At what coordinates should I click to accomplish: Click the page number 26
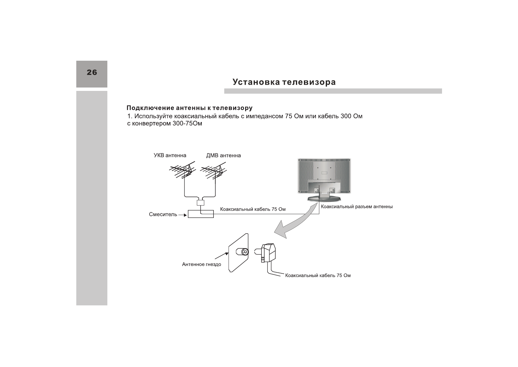92,72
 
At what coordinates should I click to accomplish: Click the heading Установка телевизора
284,82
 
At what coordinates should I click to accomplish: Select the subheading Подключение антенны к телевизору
189,108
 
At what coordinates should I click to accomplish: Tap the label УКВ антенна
170,155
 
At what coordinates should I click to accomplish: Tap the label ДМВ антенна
223,155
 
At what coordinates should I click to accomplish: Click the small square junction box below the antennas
201,202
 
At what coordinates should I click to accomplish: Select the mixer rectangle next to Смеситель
201,214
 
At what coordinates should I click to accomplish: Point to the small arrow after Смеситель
183,215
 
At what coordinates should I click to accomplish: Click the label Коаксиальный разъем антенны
357,206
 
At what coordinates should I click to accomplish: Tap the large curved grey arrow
295,223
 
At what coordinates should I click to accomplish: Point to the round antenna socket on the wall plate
245,252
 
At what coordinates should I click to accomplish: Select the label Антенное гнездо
201,264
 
